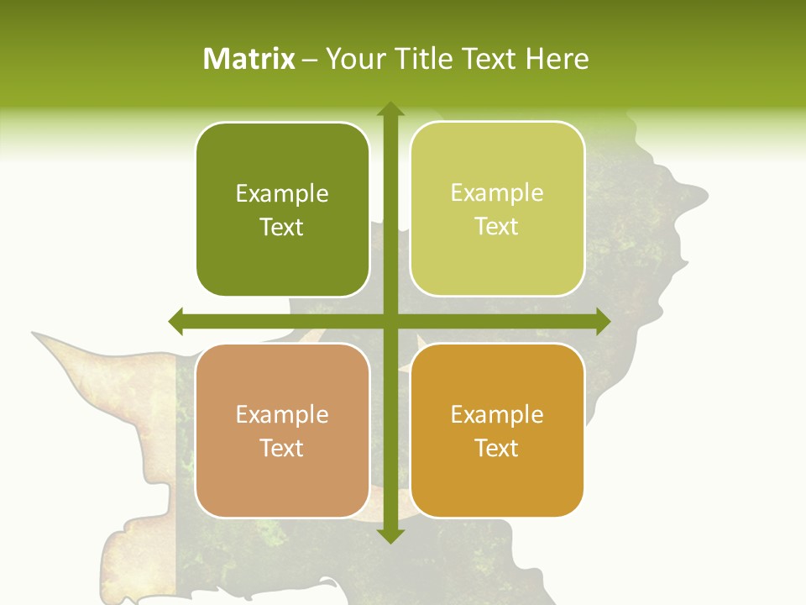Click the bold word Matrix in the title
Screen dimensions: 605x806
[249, 59]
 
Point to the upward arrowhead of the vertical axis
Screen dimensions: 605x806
[390, 110]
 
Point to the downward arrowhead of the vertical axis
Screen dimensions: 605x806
[390, 534]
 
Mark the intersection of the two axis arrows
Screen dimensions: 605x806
[390, 321]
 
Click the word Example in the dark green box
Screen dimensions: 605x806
[282, 194]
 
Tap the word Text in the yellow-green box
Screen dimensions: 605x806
[497, 227]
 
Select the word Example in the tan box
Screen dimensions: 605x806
[282, 415]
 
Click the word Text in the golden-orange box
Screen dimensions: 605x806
[497, 448]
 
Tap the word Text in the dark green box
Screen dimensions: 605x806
[282, 227]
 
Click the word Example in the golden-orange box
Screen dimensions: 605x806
[497, 415]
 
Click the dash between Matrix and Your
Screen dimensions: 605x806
[311, 60]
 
